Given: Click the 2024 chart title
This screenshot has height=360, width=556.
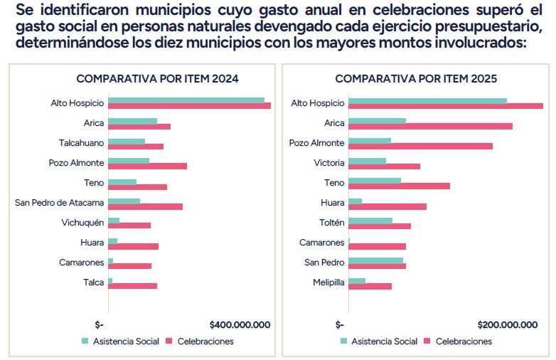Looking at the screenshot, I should [x=157, y=78].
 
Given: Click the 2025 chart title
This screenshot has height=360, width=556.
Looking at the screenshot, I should [x=416, y=78].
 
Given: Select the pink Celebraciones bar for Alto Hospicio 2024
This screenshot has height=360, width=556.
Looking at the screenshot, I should [x=189, y=106].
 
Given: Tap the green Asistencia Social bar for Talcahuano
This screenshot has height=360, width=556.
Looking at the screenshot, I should [x=127, y=140].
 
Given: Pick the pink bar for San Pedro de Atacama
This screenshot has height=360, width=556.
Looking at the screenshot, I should [x=145, y=206].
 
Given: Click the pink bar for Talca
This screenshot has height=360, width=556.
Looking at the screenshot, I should [x=132, y=286].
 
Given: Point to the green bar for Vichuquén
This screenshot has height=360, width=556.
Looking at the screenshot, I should [x=114, y=220].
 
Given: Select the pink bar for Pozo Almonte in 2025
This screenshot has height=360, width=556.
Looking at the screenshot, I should [x=420, y=146].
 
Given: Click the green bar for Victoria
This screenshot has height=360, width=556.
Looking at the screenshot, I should [x=367, y=160].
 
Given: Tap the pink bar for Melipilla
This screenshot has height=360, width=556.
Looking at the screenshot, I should [x=370, y=286].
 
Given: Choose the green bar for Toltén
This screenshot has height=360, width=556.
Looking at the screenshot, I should [x=370, y=221].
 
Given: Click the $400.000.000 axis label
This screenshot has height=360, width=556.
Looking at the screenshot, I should [x=240, y=324].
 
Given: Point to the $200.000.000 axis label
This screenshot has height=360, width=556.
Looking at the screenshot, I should [x=508, y=324].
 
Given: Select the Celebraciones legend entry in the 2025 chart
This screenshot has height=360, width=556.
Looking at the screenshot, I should [x=463, y=342].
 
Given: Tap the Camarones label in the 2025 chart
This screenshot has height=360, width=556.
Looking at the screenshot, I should [x=321, y=243].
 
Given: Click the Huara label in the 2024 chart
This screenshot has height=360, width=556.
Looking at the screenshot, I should [x=92, y=243].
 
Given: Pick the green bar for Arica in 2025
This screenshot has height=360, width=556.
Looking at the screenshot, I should [x=377, y=120].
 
